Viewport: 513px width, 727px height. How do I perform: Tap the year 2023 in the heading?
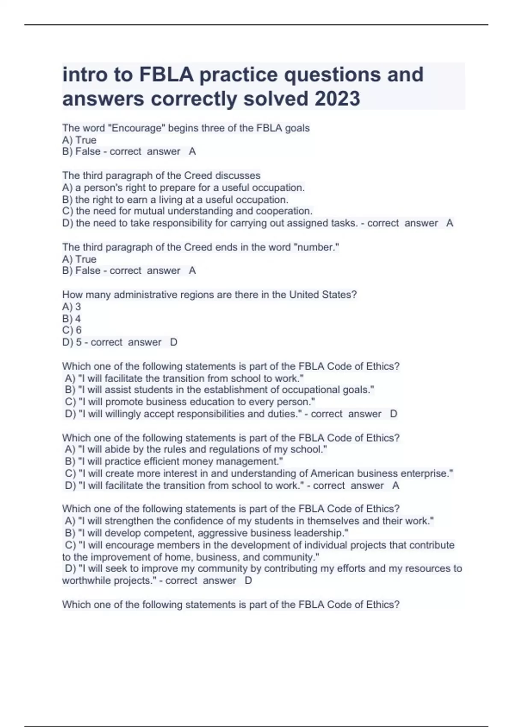(337, 99)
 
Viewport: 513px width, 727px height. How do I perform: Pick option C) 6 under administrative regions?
(72, 330)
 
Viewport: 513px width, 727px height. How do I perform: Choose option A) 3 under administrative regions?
(71, 307)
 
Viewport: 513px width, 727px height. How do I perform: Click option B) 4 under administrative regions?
(71, 319)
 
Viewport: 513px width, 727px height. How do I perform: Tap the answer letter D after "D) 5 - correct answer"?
(174, 342)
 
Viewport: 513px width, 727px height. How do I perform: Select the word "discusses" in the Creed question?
(238, 176)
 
